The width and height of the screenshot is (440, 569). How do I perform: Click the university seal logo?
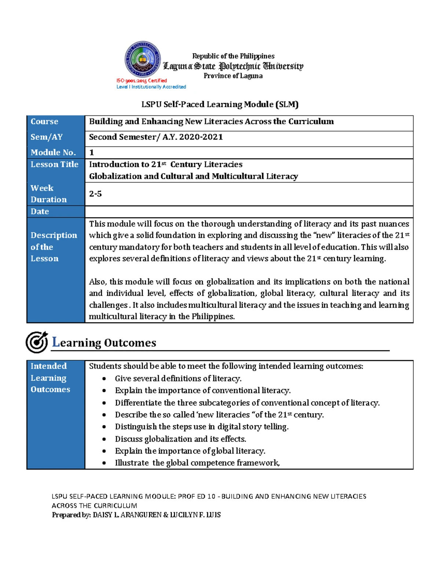pyautogui.click(x=143, y=60)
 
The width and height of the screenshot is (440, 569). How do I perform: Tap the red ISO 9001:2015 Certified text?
pyautogui.click(x=142, y=81)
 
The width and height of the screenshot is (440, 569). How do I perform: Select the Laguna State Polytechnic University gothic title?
pyautogui.click(x=233, y=66)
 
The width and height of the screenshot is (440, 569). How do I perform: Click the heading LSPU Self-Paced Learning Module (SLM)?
pyautogui.click(x=220, y=104)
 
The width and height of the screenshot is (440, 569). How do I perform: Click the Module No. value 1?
pyautogui.click(x=92, y=152)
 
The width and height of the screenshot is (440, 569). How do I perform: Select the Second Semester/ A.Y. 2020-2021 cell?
pyautogui.click(x=156, y=137)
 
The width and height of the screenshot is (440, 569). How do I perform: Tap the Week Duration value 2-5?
pyautogui.click(x=95, y=194)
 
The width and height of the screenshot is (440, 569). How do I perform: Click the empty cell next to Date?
pyautogui.click(x=249, y=211)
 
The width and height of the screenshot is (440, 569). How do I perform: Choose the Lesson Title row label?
pyautogui.click(x=55, y=165)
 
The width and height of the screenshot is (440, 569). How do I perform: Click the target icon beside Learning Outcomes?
pyautogui.click(x=37, y=342)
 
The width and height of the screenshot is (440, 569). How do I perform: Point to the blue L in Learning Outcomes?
pyautogui.click(x=56, y=342)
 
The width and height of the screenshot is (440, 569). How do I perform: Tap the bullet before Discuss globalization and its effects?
pyautogui.click(x=104, y=439)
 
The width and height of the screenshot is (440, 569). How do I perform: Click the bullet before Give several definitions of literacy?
pyautogui.click(x=104, y=378)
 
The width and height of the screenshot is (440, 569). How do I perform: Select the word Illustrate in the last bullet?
pyautogui.click(x=132, y=463)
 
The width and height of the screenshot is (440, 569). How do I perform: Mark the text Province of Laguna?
pyautogui.click(x=233, y=76)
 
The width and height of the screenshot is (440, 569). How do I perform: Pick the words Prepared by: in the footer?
pyautogui.click(x=71, y=515)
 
